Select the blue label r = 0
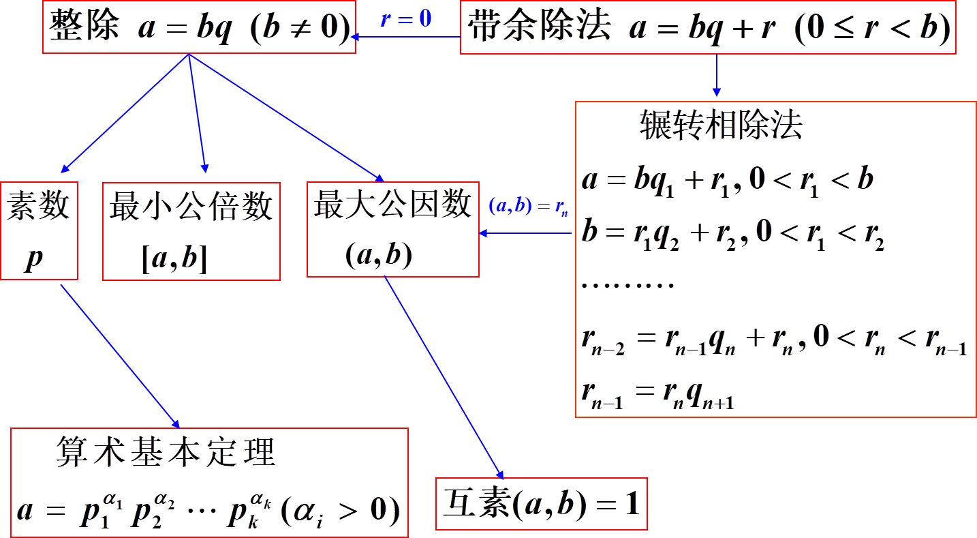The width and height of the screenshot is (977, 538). (x=406, y=18)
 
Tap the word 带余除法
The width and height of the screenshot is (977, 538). (x=539, y=28)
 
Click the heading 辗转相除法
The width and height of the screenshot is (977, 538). (x=722, y=125)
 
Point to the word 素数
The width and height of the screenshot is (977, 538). (x=39, y=205)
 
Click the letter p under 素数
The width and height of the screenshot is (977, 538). (x=34, y=260)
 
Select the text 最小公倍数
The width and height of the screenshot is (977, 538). (x=191, y=205)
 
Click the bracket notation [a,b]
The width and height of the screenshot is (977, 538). (x=174, y=260)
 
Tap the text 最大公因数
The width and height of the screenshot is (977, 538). (x=392, y=204)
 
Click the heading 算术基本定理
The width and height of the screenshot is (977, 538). (x=166, y=452)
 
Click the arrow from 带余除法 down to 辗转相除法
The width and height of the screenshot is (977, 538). (x=716, y=75)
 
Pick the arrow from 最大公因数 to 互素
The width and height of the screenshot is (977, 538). (x=444, y=377)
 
